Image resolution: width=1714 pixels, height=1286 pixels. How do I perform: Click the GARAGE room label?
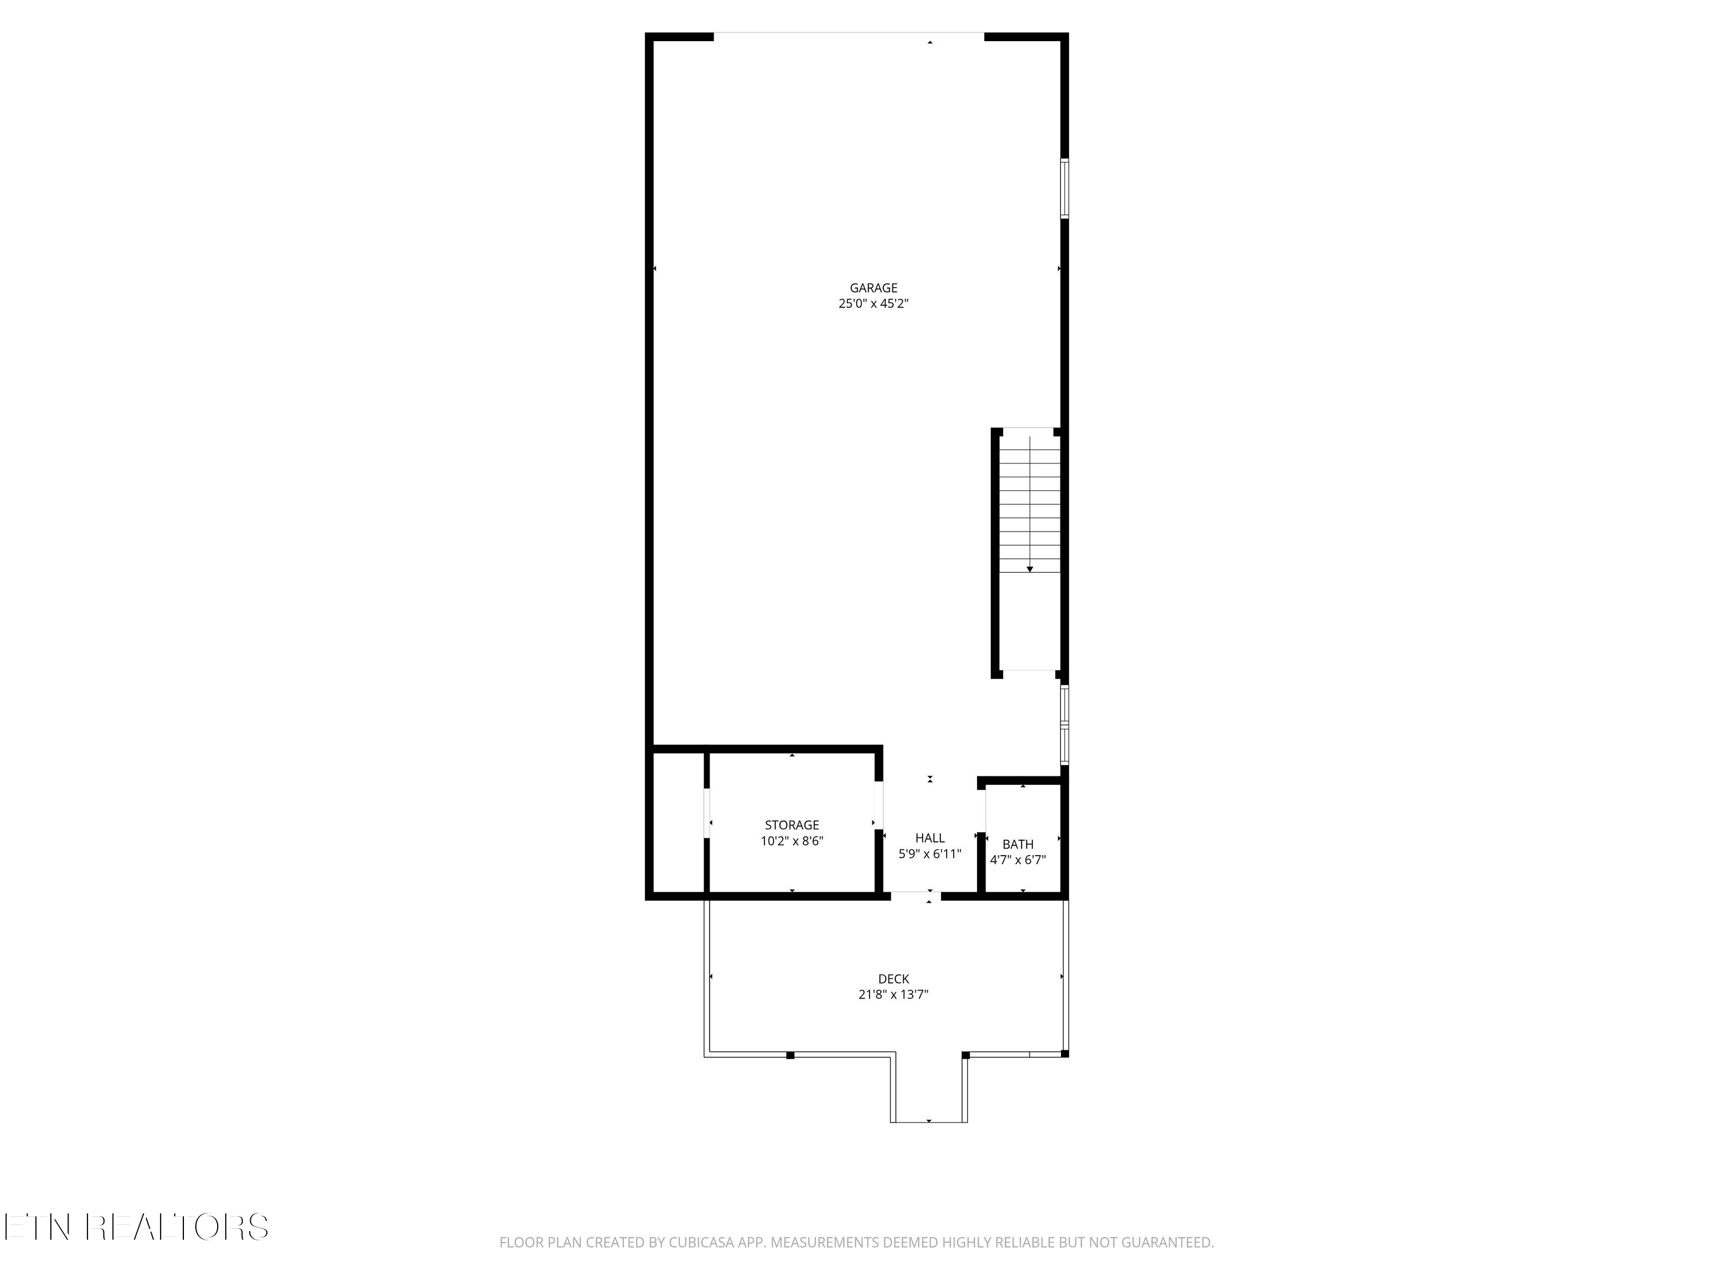(873, 289)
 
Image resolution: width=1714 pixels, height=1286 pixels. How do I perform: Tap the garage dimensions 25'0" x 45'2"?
(873, 305)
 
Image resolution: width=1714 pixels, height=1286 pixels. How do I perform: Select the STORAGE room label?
(791, 825)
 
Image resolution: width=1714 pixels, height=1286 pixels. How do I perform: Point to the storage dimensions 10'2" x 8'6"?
(791, 841)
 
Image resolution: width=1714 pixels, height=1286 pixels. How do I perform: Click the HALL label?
(930, 838)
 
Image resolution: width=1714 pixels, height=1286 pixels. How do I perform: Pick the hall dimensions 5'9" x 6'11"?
(930, 854)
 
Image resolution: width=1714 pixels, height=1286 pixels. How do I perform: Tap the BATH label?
(1018, 844)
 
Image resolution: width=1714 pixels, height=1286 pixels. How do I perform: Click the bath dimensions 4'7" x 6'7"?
(1018, 860)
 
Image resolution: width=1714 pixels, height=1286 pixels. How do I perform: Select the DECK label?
(894, 979)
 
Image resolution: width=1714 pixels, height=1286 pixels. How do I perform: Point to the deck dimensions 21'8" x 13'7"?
(894, 995)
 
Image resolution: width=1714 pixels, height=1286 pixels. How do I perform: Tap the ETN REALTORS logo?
(137, 1227)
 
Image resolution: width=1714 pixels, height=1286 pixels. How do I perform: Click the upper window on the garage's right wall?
(1064, 189)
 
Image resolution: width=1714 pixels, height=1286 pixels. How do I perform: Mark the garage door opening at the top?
(848, 35)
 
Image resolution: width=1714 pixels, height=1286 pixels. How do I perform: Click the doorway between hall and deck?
(915, 896)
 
